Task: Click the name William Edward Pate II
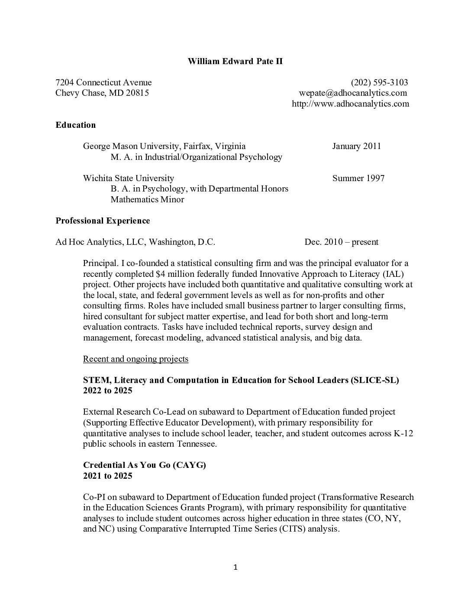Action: pos(235,61)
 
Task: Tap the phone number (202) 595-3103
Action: pos(379,82)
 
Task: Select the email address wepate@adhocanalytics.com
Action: pos(353,93)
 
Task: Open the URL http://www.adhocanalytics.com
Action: pos(350,104)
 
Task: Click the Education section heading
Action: pos(75,125)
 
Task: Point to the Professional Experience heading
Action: pos(103,221)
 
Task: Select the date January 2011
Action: pos(356,146)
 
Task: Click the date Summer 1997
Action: pos(358,178)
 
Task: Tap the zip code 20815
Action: pos(137,93)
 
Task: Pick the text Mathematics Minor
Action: pos(147,199)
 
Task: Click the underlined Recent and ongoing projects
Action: pos(135,359)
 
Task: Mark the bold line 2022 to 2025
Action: pos(107,390)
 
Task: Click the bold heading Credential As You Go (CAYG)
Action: pos(144,465)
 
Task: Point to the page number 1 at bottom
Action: pos(235,568)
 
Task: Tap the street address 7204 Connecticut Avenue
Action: pos(103,82)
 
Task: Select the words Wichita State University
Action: pos(128,178)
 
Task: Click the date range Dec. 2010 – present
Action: pos(341,242)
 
